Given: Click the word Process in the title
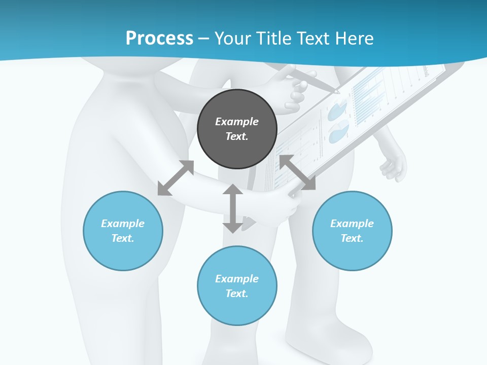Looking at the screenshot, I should click(159, 39).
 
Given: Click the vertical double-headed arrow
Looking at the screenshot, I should click(233, 208).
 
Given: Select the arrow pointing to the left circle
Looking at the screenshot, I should click(176, 178).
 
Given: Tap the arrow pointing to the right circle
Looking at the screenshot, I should click(297, 173).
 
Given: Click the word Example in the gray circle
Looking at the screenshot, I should click(237, 122).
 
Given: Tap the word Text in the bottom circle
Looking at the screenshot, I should click(237, 294).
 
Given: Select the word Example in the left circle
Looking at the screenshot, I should click(123, 224).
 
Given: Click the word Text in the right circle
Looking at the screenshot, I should click(352, 238).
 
